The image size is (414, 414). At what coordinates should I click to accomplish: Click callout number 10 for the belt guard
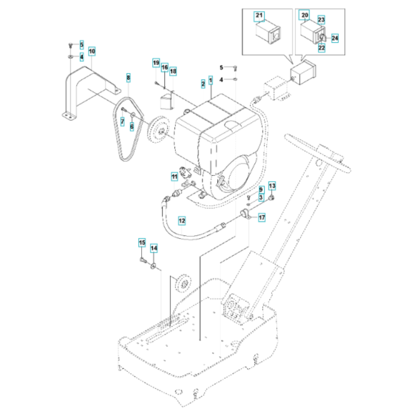(x=92, y=51)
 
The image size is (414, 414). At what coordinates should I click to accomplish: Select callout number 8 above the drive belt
(x=128, y=78)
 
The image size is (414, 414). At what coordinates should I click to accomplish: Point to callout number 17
(x=260, y=217)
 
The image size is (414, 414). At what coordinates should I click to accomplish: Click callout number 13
(x=271, y=186)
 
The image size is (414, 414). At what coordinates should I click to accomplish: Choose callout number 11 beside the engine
(x=174, y=175)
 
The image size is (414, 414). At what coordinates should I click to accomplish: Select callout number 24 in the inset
(x=334, y=38)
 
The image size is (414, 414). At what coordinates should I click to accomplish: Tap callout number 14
(x=154, y=248)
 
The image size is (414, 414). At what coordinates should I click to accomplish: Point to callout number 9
(x=261, y=190)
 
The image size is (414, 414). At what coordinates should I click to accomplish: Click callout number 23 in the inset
(x=321, y=19)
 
